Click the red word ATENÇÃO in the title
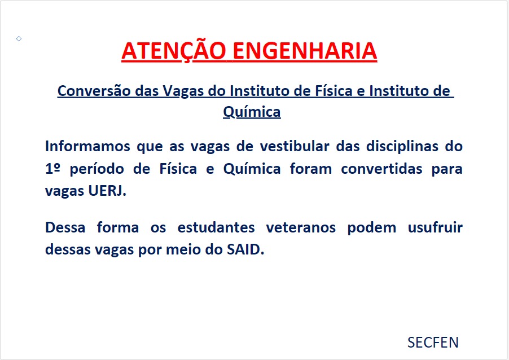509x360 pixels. pyautogui.click(x=174, y=51)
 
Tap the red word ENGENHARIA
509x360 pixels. pyautogui.click(x=305, y=51)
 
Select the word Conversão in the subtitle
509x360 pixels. pyautogui.click(x=94, y=91)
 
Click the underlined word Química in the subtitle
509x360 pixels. pyautogui.click(x=252, y=112)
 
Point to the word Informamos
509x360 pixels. pyautogui.click(x=87, y=146)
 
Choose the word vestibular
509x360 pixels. pyautogui.click(x=295, y=146)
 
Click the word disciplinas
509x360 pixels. pyautogui.click(x=402, y=146)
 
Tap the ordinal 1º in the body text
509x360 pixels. pyautogui.click(x=53, y=169)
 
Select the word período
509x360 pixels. pyautogui.click(x=96, y=169)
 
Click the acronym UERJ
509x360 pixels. pyautogui.click(x=107, y=191)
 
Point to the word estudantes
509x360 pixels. pyautogui.click(x=216, y=227)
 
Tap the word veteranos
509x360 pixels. pyautogui.click(x=301, y=227)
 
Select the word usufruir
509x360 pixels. pyautogui.click(x=435, y=227)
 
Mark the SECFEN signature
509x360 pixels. pyautogui.click(x=433, y=343)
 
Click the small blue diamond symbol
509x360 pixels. pyautogui.click(x=19, y=38)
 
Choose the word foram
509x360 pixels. pyautogui.click(x=311, y=169)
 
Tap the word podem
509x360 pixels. pyautogui.click(x=372, y=228)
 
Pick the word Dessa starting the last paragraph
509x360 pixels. pyautogui.click(x=65, y=227)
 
